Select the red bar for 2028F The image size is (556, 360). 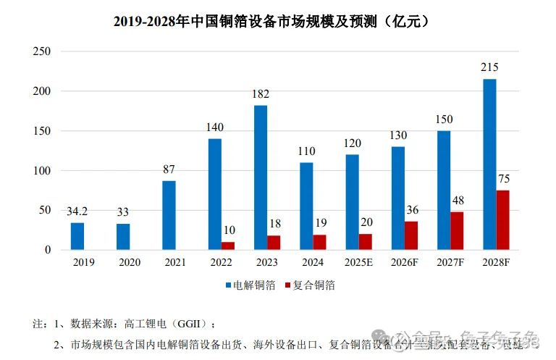pos(503,220)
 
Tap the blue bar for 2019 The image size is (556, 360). pos(77,236)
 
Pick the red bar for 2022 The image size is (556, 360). pos(228,246)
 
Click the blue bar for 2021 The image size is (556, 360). pos(169,215)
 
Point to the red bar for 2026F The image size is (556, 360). pos(411,235)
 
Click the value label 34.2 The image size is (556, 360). pos(77,212)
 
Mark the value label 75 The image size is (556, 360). pos(503,179)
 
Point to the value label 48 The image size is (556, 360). pos(457,201)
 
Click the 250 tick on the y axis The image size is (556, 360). pos(41,51)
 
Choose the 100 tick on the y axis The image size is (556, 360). pos(41,171)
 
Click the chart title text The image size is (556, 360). pos(278,21)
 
